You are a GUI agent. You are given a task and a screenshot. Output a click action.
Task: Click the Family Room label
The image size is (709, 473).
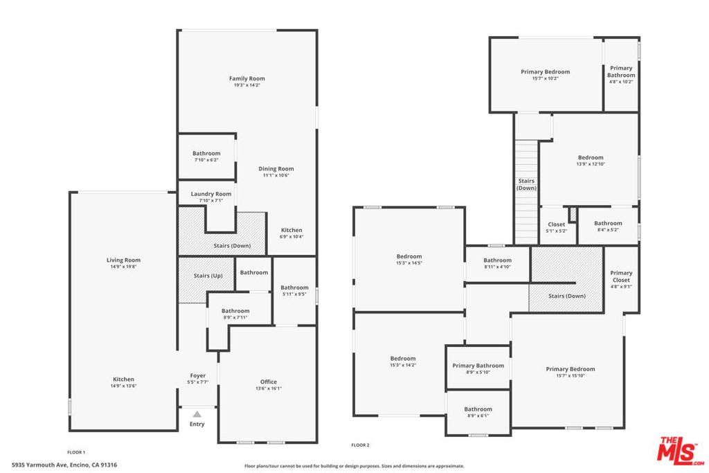pos(247,79)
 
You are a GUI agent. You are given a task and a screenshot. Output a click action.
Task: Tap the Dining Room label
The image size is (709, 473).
pos(276,169)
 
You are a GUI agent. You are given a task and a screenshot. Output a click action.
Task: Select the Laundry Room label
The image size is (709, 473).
pos(211,194)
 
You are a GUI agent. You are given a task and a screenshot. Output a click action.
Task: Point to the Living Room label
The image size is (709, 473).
pos(123,260)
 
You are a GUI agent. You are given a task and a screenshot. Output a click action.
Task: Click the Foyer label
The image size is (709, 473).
pos(197,376)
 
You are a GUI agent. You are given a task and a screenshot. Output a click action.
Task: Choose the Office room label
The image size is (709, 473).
pos(269,382)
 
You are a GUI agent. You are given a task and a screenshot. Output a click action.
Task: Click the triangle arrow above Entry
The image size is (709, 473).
pos(197,413)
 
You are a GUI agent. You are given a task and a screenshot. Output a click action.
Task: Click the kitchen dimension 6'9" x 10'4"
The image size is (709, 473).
pos(291,237)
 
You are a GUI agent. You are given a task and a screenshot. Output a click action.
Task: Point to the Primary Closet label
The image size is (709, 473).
pos(621,276)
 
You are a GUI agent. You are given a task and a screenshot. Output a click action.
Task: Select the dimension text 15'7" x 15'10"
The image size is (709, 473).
pos(570,376)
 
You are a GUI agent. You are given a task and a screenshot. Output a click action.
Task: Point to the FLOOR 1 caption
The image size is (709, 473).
pos(76,452)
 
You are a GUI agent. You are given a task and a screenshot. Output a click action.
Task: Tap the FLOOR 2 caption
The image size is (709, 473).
pos(360,445)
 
